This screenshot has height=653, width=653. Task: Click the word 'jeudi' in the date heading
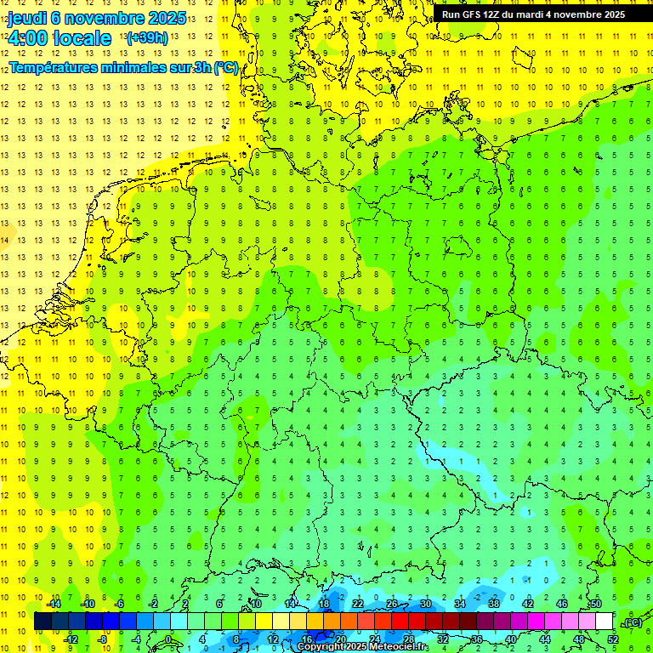point(27,17)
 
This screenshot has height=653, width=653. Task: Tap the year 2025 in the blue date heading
point(167,17)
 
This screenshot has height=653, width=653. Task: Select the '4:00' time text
point(29,38)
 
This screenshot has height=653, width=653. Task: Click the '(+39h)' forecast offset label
point(146,38)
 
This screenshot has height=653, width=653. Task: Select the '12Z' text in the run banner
point(491,14)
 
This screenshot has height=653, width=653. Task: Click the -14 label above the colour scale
point(54,604)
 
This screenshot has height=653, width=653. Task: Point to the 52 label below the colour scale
point(613,639)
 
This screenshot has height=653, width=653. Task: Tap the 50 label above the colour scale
point(596,604)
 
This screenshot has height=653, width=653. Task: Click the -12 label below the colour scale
point(71,639)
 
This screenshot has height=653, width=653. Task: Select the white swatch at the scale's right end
point(605,622)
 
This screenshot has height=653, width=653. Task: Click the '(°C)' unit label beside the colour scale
point(632,622)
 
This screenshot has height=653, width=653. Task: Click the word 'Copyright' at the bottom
point(321,647)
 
